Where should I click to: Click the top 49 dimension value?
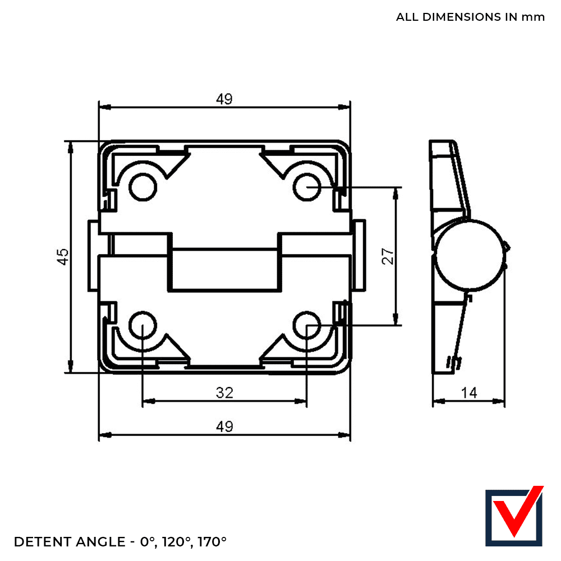point(224,99)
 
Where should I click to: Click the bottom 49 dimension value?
point(224,427)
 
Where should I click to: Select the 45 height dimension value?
point(63,256)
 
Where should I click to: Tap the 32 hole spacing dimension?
point(224,393)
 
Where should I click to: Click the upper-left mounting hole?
point(142,187)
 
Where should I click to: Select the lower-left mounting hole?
point(142,325)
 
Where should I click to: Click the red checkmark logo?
point(514,517)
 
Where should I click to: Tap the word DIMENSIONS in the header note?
point(459,17)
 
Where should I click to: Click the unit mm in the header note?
point(533,17)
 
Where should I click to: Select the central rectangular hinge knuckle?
point(224,270)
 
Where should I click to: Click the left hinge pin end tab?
point(93,255)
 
